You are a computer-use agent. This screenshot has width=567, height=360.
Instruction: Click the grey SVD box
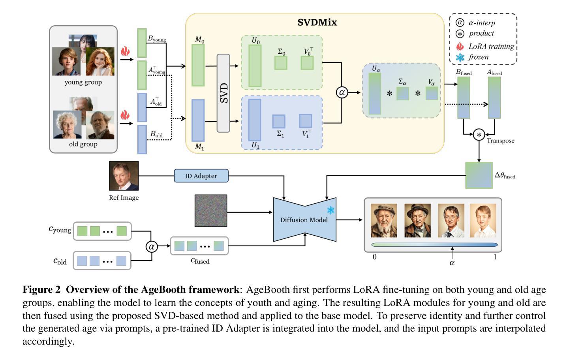click(x=223, y=93)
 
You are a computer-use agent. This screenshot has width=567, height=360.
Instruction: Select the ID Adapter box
click(x=201, y=176)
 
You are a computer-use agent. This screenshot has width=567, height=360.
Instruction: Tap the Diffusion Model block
click(x=304, y=220)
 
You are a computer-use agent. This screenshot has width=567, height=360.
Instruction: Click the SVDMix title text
click(x=317, y=22)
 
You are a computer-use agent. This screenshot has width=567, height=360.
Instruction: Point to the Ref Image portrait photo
click(x=124, y=176)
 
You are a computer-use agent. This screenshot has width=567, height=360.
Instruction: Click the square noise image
click(x=211, y=211)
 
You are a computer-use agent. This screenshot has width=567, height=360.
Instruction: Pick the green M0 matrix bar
click(x=198, y=65)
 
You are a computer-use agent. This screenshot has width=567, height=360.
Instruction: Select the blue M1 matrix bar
click(x=198, y=120)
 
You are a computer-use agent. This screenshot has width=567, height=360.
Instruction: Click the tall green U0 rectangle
click(x=255, y=66)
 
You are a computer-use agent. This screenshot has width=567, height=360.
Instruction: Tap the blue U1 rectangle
click(x=254, y=120)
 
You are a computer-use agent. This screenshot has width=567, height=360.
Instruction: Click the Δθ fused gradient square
click(x=479, y=175)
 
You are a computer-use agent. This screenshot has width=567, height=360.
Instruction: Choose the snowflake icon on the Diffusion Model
click(x=330, y=210)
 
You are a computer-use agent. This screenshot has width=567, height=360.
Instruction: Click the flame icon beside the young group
click(x=125, y=51)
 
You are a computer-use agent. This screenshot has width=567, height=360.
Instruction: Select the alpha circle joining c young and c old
click(x=152, y=247)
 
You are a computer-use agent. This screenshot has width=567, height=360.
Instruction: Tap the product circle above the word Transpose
click(x=479, y=135)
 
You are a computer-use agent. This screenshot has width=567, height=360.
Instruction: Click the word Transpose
click(x=500, y=141)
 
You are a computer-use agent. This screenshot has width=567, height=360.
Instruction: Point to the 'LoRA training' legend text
click(x=491, y=47)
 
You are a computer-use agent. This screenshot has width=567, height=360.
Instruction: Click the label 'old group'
click(x=83, y=144)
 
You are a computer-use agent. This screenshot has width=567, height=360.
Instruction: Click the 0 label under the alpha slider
click(x=374, y=257)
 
